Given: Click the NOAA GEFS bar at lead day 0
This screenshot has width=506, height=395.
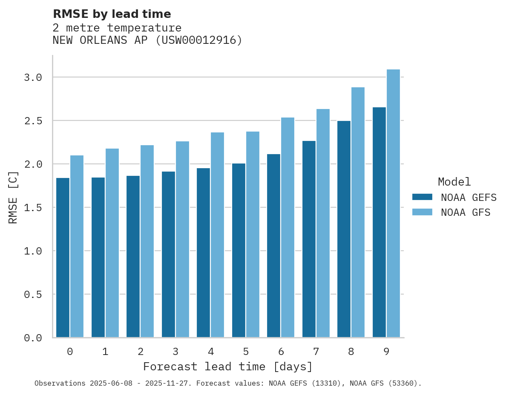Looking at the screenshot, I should click(x=63, y=258).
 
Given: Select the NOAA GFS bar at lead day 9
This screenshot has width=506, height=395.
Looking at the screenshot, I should click(x=393, y=203).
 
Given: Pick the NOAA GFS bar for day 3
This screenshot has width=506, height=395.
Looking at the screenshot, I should click(x=182, y=239).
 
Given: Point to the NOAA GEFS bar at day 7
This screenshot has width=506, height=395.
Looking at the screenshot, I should click(x=309, y=239).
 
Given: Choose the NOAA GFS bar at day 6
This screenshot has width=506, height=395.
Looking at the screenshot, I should click(x=287, y=227).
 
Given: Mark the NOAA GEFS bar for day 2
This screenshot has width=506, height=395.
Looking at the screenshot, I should click(x=133, y=256).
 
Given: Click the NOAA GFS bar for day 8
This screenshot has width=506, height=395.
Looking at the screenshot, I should click(x=358, y=212).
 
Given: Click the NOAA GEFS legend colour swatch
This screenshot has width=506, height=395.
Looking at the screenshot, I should click(x=422, y=197).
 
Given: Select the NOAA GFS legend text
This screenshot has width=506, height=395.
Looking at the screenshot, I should click(x=466, y=212).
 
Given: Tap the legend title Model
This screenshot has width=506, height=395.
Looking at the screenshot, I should click(x=454, y=182).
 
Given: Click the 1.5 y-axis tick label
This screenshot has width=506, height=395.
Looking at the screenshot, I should click(x=33, y=208).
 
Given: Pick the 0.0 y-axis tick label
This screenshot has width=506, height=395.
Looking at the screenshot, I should click(x=33, y=338).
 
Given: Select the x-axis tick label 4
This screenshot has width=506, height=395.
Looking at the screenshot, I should click(x=210, y=352).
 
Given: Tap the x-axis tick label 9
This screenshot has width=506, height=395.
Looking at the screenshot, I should click(x=386, y=352).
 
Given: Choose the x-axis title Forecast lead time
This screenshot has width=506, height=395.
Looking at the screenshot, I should click(x=228, y=367).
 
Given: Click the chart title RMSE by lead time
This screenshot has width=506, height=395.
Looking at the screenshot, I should click(x=112, y=14).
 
